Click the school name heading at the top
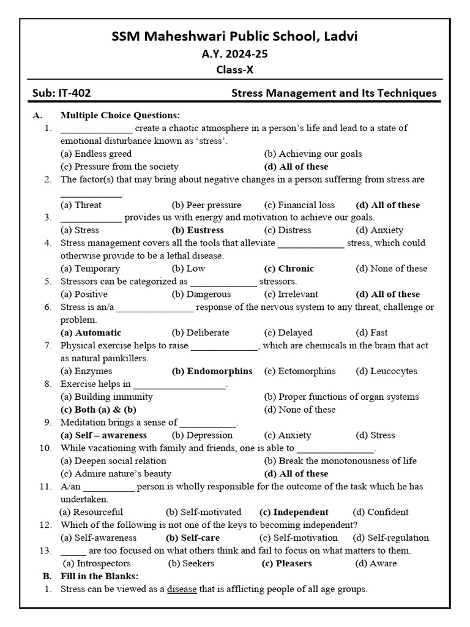coord(234,37)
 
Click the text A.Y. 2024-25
coord(234,54)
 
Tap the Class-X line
coord(234,70)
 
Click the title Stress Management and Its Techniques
coord(334,94)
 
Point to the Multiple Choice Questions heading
coord(120,115)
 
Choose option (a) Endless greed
coord(96,154)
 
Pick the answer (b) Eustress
coord(198,230)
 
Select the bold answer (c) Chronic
coord(289,268)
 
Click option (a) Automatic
coord(91,332)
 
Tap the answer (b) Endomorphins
coord(212,371)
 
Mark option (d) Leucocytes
coord(386,371)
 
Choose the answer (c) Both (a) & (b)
coord(98,410)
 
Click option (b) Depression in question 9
coord(202,435)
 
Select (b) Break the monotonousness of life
coord(340,460)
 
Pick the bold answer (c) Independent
coord(294,512)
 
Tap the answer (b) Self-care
coord(193,538)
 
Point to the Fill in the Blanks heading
coord(99,576)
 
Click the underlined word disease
coord(182,589)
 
